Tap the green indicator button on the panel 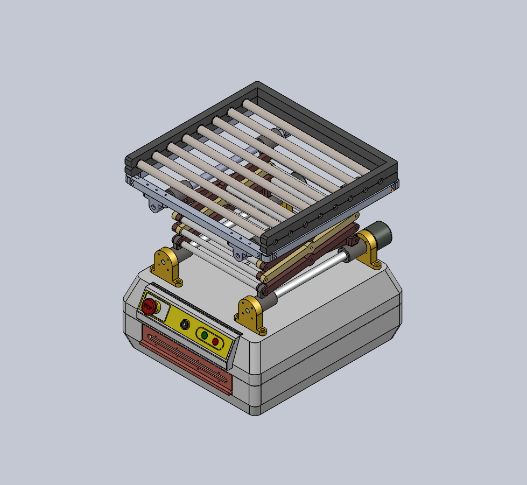pyautogui.click(x=204, y=335)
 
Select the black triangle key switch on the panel pyautogui.click(x=185, y=325)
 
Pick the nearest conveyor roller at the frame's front pyautogui.click(x=199, y=199)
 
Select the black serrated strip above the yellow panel pyautogui.click(x=194, y=307)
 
